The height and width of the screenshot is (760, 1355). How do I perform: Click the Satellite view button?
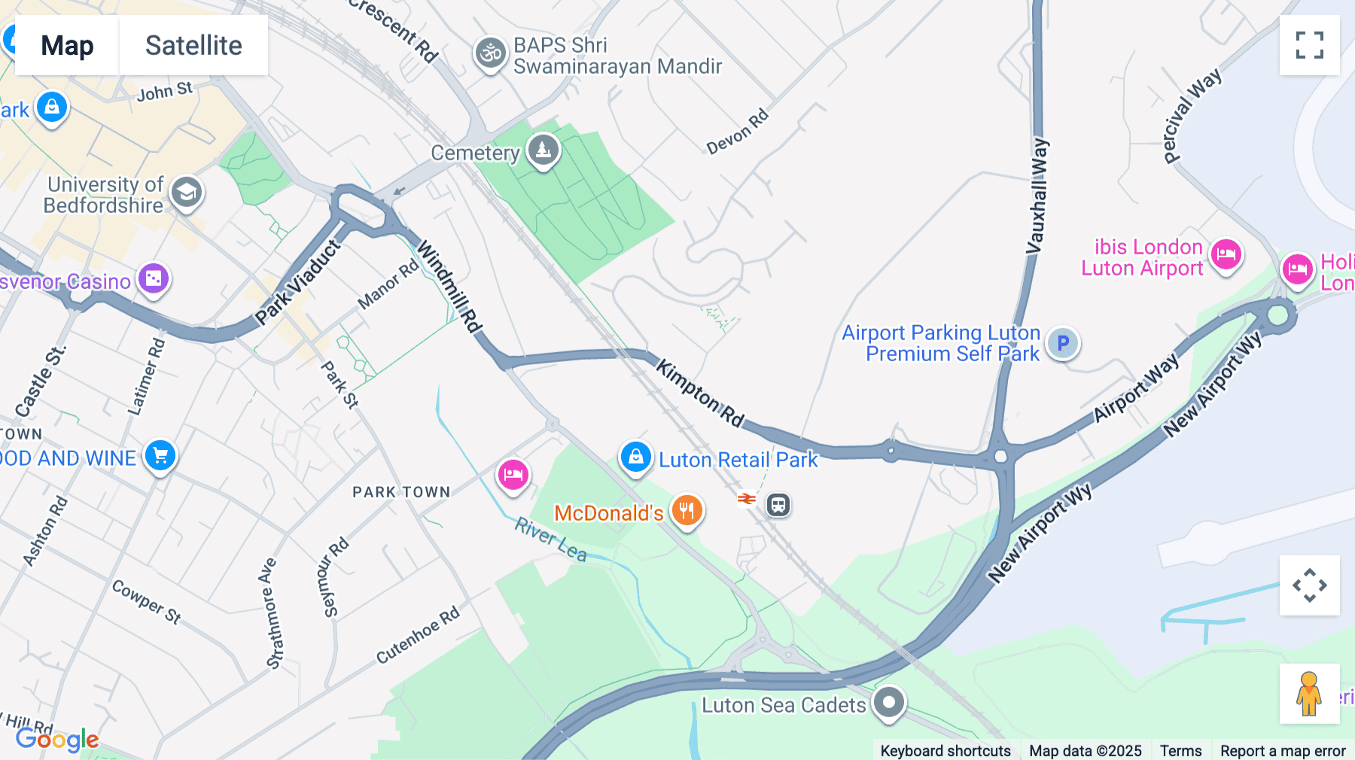tap(193, 45)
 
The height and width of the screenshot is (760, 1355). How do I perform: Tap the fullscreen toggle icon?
tap(1309, 45)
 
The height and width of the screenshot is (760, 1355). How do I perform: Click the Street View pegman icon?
tap(1309, 694)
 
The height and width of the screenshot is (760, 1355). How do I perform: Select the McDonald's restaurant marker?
tap(687, 511)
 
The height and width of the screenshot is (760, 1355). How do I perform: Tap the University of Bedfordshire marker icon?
tap(186, 193)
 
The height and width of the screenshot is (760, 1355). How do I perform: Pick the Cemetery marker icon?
tap(543, 150)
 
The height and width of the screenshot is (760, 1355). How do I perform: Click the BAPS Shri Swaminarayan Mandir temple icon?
tap(490, 53)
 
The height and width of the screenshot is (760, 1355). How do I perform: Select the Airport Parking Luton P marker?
tap(1062, 343)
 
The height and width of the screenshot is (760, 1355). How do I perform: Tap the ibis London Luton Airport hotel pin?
tap(1226, 254)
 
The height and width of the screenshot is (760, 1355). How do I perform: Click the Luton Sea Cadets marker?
tap(888, 703)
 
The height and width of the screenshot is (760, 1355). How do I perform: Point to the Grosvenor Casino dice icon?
tap(154, 279)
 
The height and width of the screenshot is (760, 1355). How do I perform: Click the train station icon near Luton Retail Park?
tap(778, 504)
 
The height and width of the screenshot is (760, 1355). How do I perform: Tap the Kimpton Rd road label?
tap(700, 393)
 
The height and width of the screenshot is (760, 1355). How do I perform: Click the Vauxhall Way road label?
tap(1038, 195)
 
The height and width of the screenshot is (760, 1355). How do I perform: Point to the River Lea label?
tap(550, 540)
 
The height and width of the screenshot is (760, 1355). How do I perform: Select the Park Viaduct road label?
tap(298, 282)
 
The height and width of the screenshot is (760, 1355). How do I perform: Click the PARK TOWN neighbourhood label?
tap(401, 492)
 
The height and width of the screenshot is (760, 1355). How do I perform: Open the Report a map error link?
tap(1283, 750)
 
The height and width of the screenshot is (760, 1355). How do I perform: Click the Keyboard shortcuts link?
tap(945, 750)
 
